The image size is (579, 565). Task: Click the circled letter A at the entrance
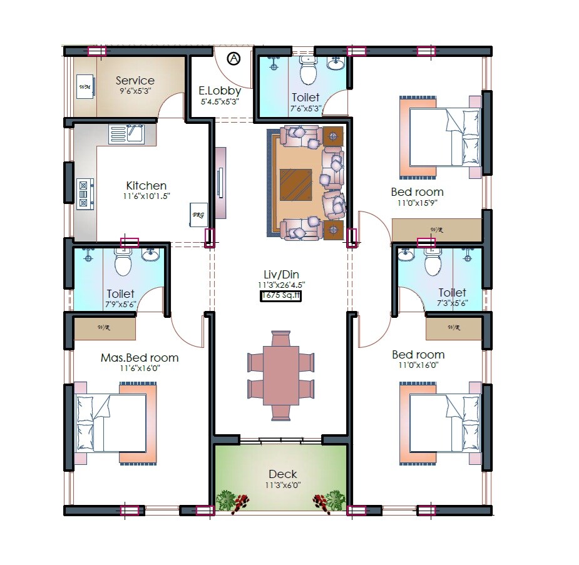(x=233, y=59)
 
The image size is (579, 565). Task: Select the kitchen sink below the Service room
(x=127, y=134)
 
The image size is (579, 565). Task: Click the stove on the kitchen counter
(x=85, y=193)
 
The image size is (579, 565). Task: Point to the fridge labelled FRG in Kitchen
(x=198, y=215)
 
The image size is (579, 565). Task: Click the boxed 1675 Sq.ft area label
(x=281, y=296)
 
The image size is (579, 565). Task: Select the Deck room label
(x=282, y=474)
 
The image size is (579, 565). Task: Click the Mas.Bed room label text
(x=140, y=358)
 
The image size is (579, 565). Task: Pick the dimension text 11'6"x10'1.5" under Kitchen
(x=146, y=196)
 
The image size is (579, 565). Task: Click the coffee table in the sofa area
(x=296, y=183)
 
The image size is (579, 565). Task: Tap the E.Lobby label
(x=219, y=91)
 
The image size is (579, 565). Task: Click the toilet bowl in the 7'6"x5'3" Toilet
(x=309, y=71)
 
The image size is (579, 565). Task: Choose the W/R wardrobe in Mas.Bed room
(x=105, y=328)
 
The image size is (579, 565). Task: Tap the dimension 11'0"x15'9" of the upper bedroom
(x=417, y=203)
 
